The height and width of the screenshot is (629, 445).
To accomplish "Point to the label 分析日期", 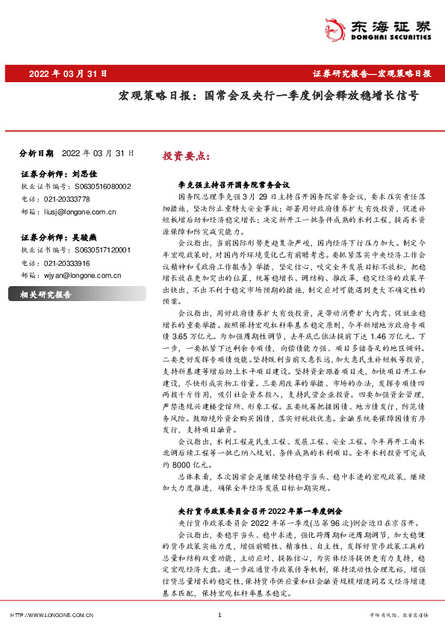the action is pyautogui.click(x=36, y=153).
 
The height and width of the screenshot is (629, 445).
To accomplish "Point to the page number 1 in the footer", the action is pyautogui.click(x=219, y=614).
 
